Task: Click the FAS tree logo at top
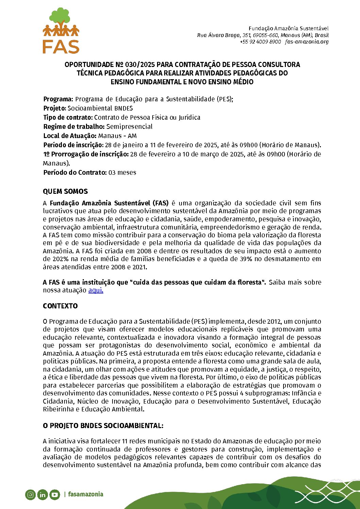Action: [x=61, y=31]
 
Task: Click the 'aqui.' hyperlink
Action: [x=96, y=290]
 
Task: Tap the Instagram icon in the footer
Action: [x=30, y=495]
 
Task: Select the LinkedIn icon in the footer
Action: [x=42, y=495]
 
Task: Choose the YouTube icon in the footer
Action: [x=55, y=495]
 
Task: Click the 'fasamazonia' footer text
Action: [x=86, y=494]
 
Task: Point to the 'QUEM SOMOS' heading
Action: [x=65, y=191]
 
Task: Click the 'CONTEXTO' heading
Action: [x=60, y=306]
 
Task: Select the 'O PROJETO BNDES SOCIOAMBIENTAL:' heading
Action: [x=103, y=426]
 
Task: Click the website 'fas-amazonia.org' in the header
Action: [x=307, y=42]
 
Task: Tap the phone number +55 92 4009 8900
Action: [x=260, y=42]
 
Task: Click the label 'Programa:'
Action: [x=58, y=99]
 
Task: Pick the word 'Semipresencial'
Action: [x=129, y=127]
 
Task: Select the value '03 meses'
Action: [x=122, y=173]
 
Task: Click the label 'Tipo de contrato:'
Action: [x=68, y=118]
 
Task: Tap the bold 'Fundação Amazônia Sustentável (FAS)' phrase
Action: [x=109, y=203]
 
